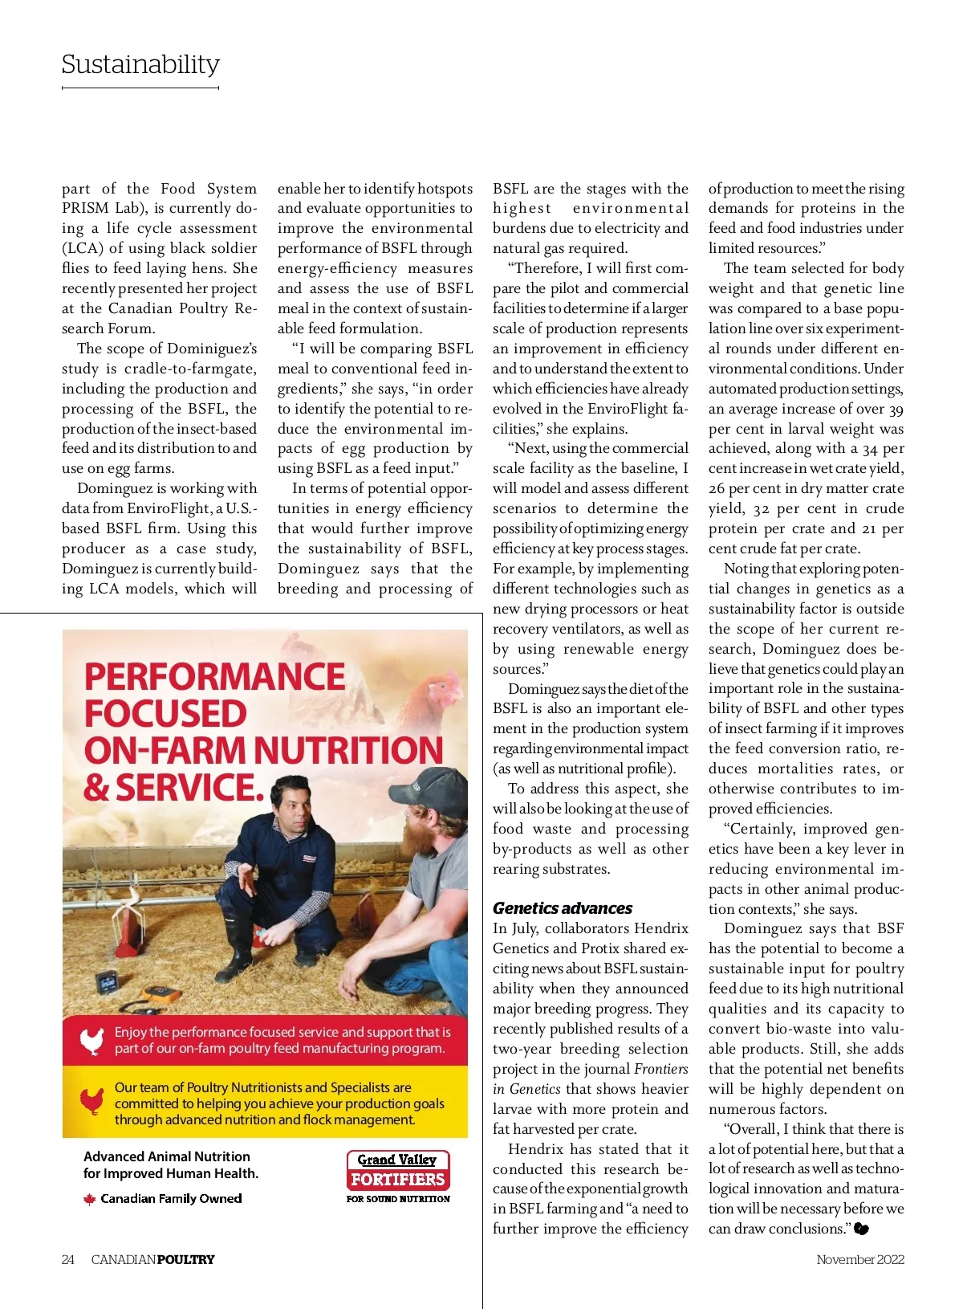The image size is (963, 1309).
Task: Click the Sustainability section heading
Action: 140,64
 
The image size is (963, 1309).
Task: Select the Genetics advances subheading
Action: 562,908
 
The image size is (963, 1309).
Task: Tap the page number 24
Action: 68,1259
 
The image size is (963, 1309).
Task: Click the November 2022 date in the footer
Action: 859,1259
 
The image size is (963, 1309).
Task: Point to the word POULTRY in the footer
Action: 185,1259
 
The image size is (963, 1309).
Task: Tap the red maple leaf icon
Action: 90,1199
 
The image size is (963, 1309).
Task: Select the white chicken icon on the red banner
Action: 92,1041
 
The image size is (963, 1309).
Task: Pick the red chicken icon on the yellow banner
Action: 92,1101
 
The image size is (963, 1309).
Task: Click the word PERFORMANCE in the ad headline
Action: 214,676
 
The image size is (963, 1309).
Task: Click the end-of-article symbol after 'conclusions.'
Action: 861,1229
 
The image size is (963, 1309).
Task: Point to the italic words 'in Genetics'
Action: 526,1089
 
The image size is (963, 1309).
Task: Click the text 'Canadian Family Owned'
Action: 171,1199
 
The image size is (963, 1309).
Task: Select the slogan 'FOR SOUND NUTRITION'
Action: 398,1199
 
